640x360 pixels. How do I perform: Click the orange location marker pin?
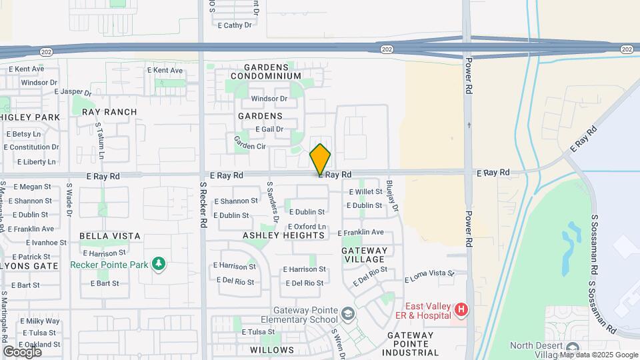320,159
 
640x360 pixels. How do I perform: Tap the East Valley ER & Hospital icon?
461,310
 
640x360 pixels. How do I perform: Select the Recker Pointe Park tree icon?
159,265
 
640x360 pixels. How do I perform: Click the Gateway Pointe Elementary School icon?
347,313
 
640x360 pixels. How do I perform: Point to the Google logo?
22,351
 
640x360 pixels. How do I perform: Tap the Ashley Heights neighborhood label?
283,235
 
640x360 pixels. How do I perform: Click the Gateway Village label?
363,255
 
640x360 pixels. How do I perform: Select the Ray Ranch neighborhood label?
109,112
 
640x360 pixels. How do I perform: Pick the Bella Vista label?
109,236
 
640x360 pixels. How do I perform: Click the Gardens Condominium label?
267,72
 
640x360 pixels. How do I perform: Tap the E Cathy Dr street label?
235,25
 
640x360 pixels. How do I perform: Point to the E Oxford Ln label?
307,227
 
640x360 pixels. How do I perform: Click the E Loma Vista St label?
429,273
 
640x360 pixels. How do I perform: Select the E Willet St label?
365,192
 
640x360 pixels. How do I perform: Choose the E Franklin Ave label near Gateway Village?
361,233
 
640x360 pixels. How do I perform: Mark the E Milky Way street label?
39,321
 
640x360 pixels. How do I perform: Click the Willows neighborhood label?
272,350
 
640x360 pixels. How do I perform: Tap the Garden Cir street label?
249,146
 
